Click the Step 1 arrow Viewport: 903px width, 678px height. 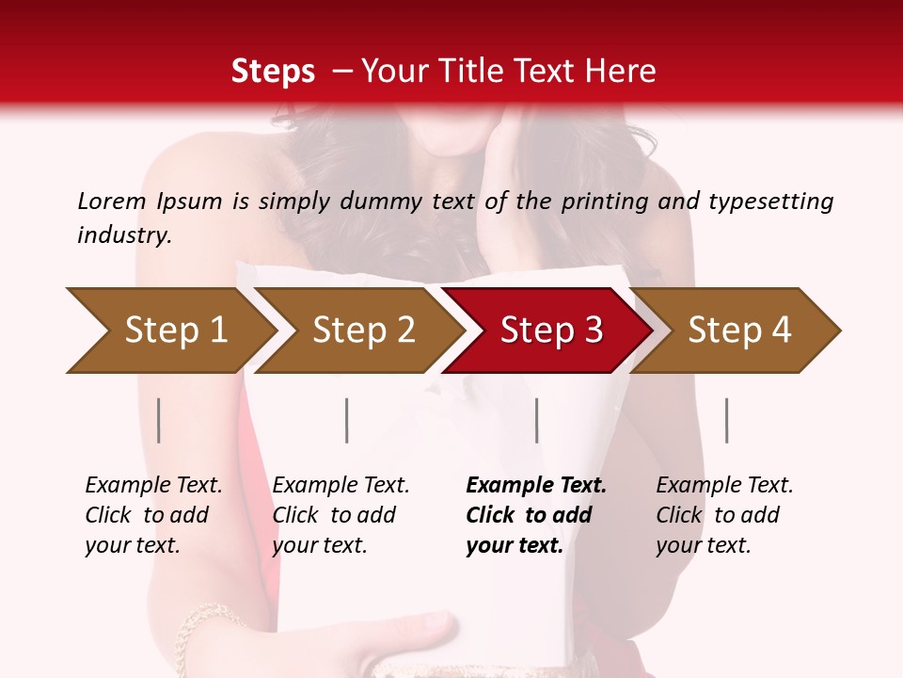tap(169, 331)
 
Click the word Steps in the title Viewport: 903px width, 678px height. tap(273, 72)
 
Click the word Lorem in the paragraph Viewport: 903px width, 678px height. tap(111, 202)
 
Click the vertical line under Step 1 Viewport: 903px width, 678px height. tap(159, 420)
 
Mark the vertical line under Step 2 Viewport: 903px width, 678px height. tap(347, 420)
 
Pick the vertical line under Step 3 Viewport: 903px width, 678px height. tap(536, 420)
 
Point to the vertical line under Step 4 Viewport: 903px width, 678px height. tap(726, 420)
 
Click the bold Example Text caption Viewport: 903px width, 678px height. tap(536, 515)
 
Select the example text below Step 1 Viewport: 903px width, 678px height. tap(153, 515)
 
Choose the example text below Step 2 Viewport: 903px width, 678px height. tap(341, 515)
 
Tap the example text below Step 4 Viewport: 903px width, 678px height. tap(724, 515)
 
